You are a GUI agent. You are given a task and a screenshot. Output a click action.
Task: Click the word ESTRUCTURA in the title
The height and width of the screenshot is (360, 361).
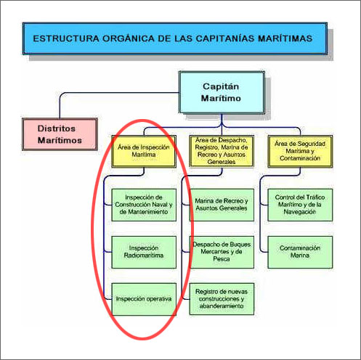66,38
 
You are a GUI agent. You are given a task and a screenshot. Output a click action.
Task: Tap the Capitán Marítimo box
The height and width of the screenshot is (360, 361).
222,92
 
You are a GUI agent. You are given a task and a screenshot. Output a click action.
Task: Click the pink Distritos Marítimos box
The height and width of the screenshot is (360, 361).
60,134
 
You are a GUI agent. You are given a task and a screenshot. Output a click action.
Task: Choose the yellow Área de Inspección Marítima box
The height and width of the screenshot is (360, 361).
144,151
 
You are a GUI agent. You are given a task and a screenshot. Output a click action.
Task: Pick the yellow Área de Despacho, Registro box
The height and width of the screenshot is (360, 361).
222,151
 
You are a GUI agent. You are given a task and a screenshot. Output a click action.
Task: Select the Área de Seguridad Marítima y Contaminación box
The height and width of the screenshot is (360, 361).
300,151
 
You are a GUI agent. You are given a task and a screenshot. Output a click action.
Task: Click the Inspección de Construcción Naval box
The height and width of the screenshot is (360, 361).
144,205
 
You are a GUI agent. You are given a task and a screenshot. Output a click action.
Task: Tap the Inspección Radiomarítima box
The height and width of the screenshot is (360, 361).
144,252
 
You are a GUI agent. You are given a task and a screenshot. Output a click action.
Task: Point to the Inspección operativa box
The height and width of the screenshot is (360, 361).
144,299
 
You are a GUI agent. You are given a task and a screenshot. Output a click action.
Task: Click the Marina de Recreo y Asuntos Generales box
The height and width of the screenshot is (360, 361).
222,205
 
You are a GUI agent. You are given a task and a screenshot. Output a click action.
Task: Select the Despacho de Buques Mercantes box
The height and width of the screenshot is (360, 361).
222,252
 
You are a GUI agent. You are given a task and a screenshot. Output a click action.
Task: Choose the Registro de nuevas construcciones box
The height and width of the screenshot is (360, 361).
222,299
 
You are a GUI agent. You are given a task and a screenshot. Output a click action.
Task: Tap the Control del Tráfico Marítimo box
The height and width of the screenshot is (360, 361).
300,205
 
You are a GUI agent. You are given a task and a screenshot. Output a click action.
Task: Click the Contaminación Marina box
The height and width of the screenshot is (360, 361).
300,252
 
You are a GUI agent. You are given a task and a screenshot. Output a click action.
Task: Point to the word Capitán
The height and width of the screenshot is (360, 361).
221,86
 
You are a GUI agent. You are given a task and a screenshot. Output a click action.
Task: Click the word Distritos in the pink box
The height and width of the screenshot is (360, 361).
57,128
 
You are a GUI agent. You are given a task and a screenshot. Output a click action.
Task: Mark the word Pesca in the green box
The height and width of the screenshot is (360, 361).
222,259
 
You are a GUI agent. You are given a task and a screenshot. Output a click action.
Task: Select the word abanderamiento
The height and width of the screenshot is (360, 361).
222,306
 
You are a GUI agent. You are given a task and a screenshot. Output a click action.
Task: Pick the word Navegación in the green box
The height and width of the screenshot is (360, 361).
300,212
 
